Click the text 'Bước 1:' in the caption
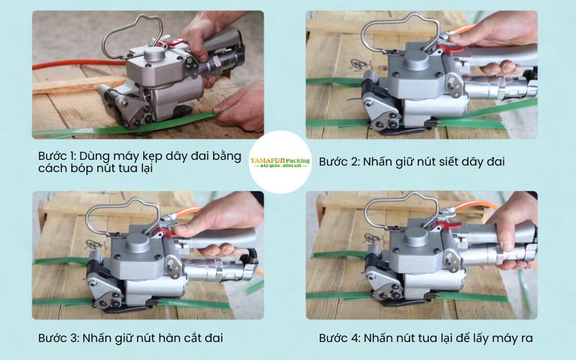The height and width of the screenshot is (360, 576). point(58,155)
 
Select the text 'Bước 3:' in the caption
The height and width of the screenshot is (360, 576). point(58,337)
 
